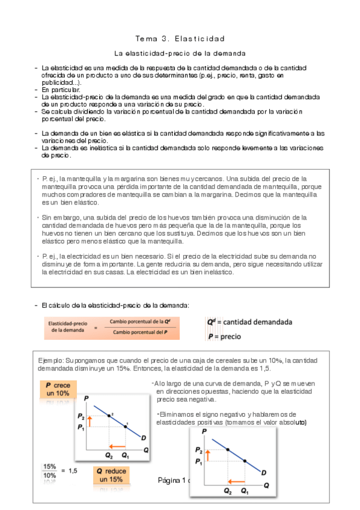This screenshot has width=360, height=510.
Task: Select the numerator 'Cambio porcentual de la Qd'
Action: pos(139,322)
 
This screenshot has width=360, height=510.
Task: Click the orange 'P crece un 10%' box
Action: pos(58,389)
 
